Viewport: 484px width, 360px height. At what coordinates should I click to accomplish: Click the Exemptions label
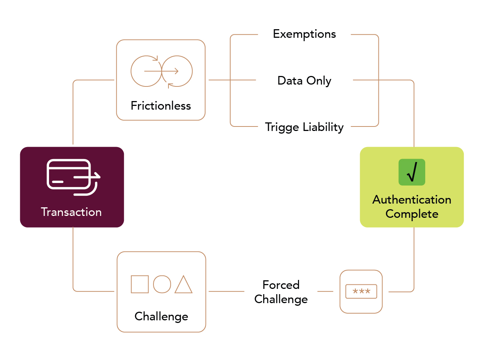[304, 34]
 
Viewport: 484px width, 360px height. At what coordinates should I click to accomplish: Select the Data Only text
[304, 81]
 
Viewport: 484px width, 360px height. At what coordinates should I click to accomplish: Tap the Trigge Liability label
[304, 127]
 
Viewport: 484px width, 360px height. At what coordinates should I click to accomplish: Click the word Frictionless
[161, 106]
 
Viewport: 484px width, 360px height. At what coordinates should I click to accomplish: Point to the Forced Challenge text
[281, 292]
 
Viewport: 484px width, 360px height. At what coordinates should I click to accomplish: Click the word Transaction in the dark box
[71, 212]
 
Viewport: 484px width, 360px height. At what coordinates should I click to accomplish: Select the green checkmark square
[411, 172]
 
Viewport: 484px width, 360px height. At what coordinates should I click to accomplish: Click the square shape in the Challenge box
[140, 284]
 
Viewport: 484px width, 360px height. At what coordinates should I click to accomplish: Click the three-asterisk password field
[361, 291]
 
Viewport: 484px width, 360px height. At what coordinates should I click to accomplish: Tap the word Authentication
[411, 199]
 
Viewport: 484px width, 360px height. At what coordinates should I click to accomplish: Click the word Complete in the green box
[412, 214]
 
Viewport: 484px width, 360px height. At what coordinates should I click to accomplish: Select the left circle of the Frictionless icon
[131, 71]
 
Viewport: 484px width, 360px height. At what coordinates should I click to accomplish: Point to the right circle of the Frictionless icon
[192, 71]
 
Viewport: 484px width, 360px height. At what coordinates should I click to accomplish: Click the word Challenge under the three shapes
[161, 317]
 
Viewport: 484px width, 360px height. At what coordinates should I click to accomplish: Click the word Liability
[323, 127]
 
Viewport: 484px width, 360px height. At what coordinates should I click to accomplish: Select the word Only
[319, 81]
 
